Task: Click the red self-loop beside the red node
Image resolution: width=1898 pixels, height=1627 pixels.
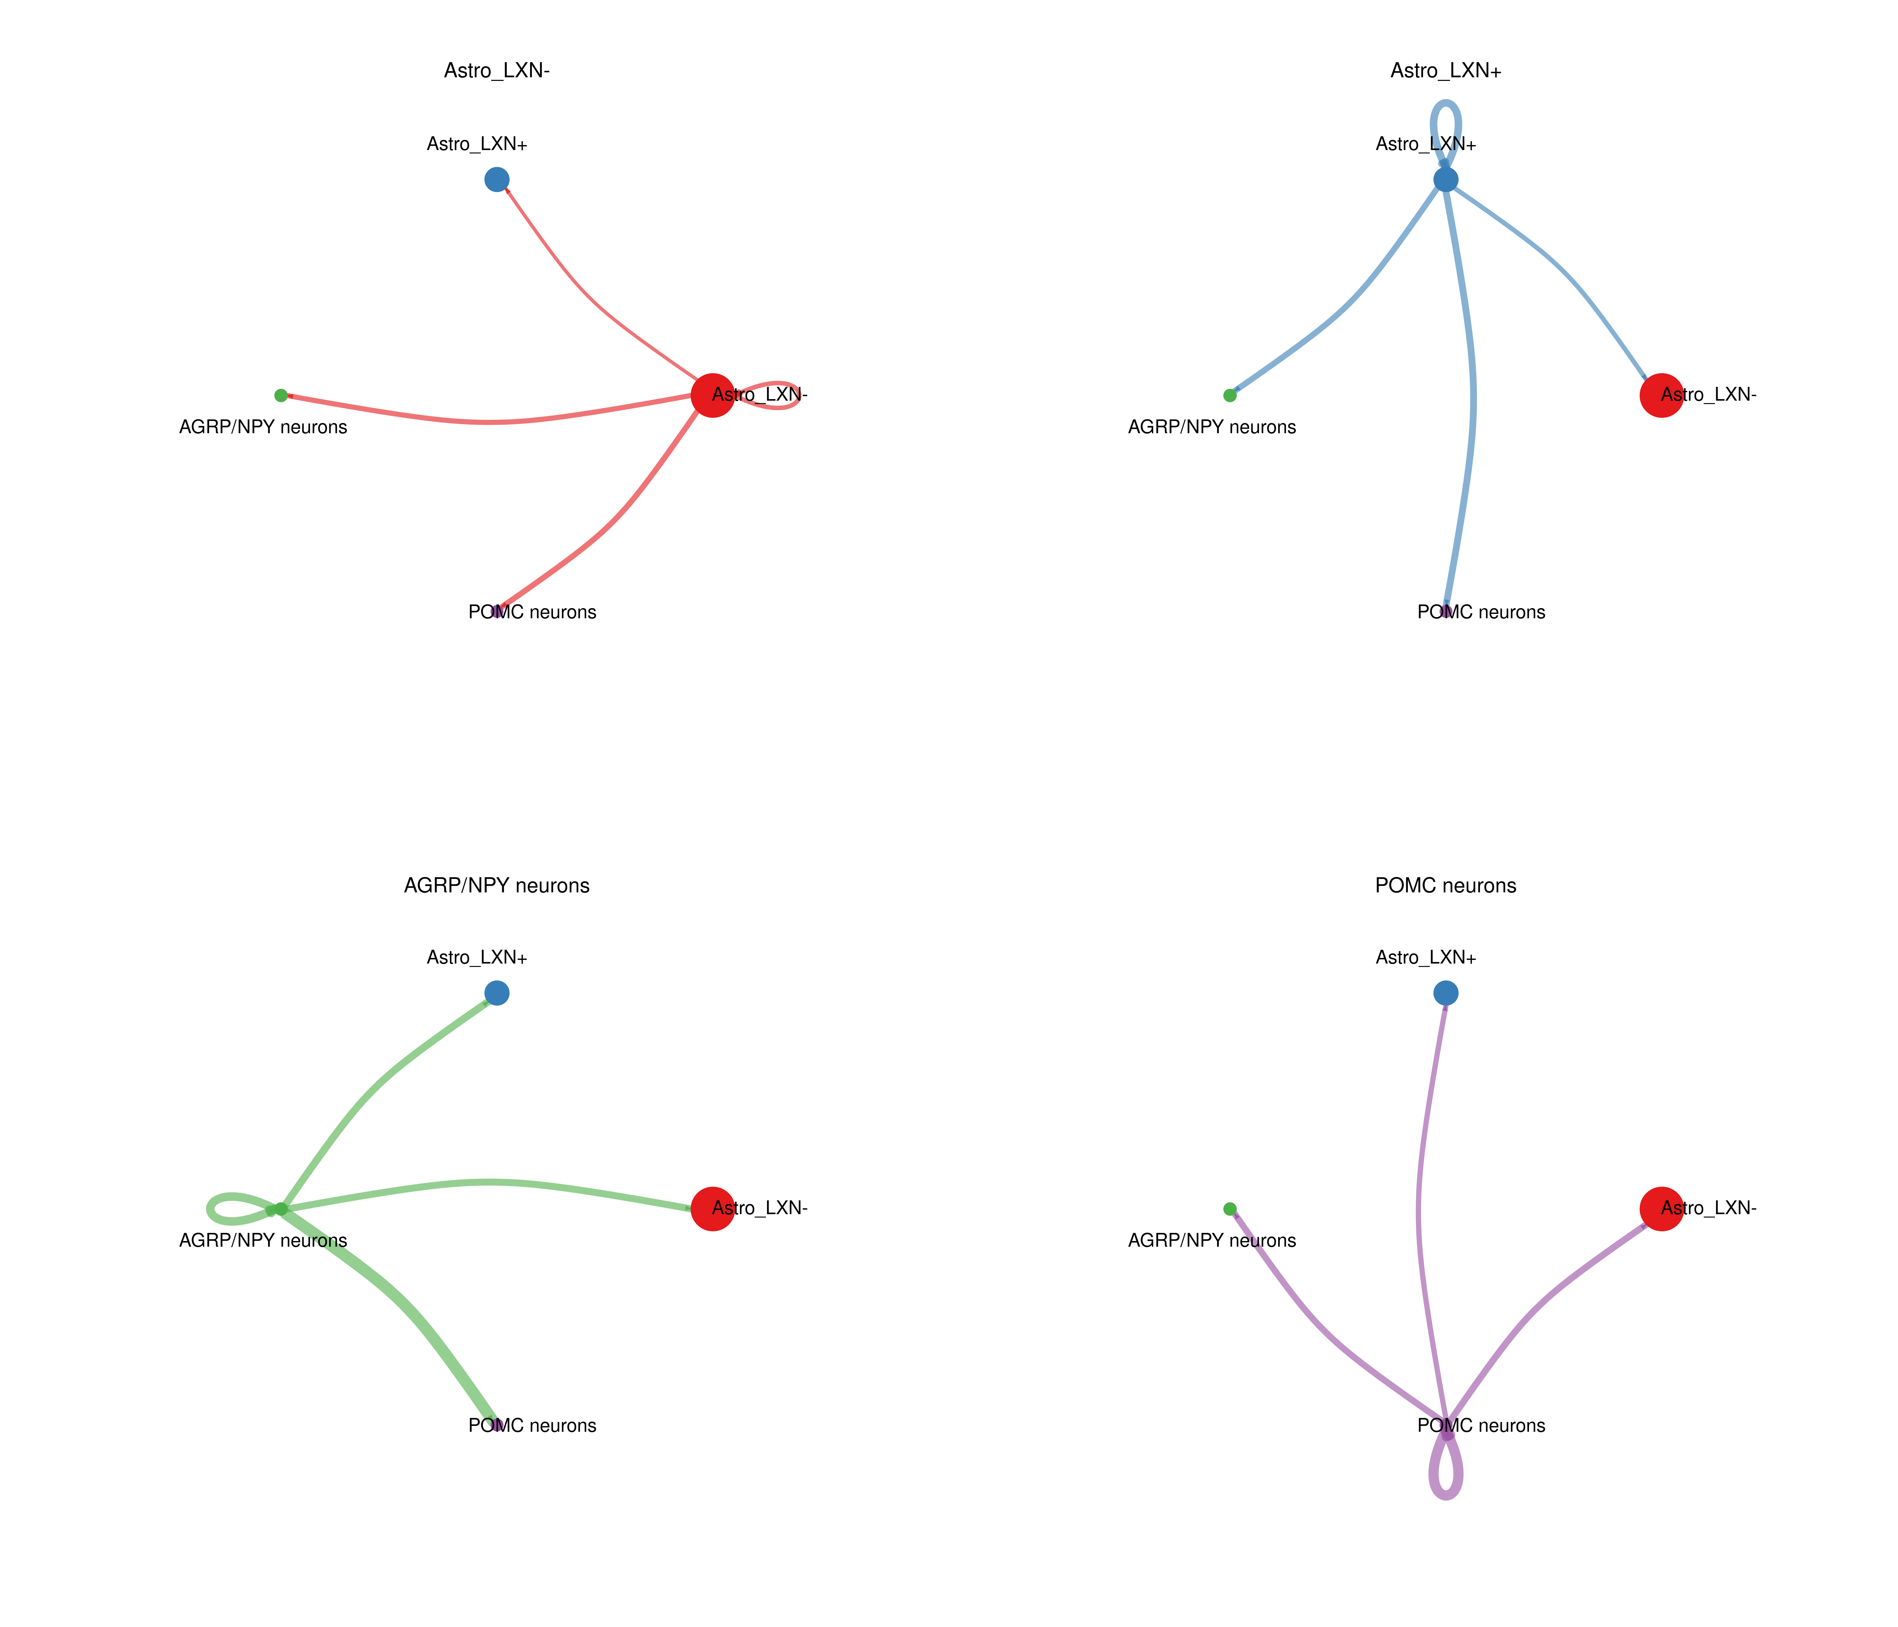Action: tap(795, 395)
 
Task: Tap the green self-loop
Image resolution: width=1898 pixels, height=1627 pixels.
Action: tap(213, 1209)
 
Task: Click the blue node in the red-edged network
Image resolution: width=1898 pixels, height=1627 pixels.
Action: tap(496, 180)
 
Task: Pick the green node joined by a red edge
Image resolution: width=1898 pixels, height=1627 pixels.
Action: tap(281, 396)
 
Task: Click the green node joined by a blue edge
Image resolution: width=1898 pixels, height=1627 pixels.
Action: tap(1230, 396)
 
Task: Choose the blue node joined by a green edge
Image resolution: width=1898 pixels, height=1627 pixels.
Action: tap(496, 993)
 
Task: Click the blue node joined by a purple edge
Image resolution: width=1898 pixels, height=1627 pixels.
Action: tap(1445, 993)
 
